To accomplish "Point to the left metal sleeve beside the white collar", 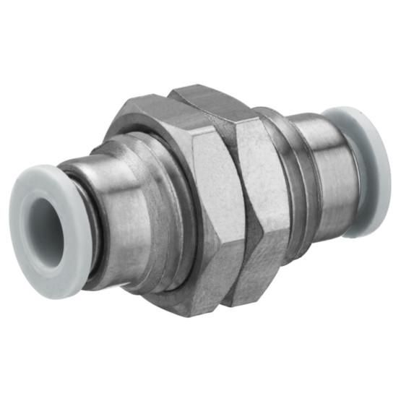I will tap(108, 217).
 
